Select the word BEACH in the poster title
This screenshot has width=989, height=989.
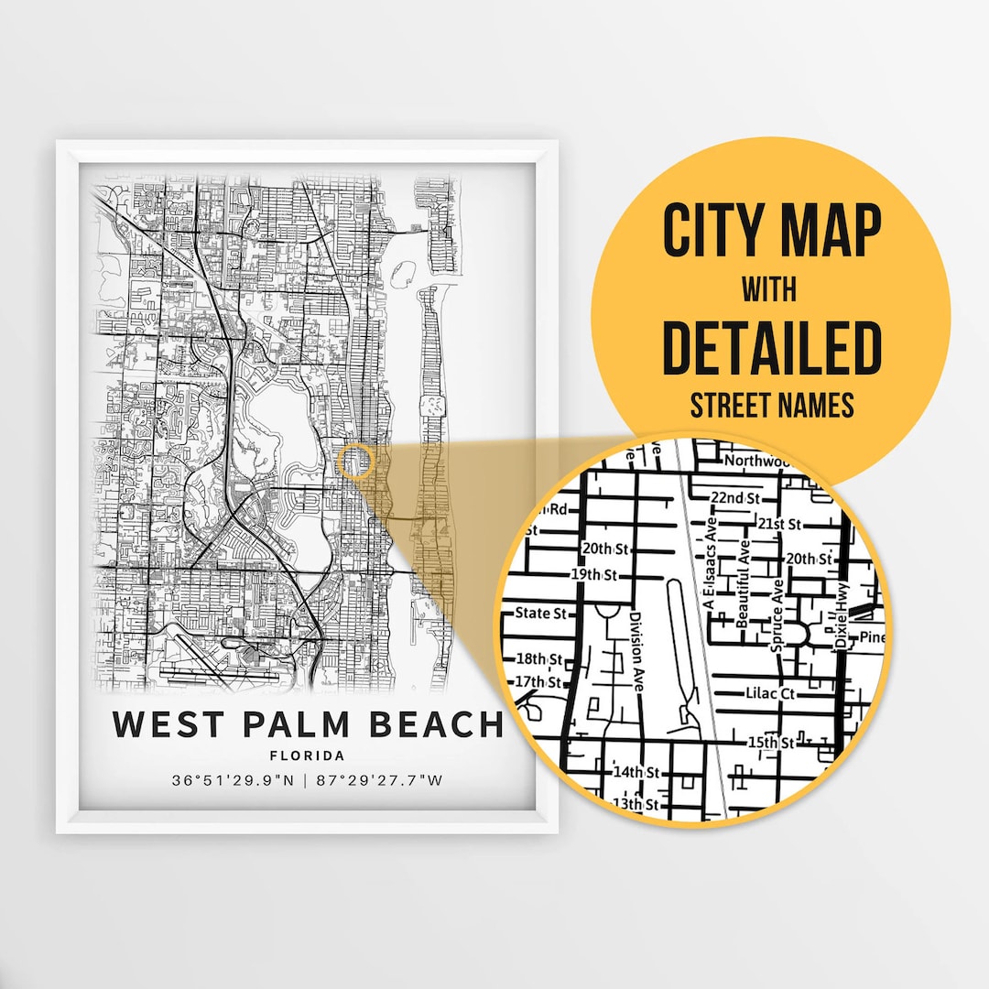(x=437, y=723)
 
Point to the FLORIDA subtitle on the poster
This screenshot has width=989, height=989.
(x=308, y=756)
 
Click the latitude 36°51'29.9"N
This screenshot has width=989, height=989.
(x=234, y=781)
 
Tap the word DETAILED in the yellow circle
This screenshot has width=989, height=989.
(x=771, y=348)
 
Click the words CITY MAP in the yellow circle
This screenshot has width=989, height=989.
(x=771, y=232)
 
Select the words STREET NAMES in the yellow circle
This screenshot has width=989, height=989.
(x=771, y=405)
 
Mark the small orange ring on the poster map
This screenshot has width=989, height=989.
(x=355, y=461)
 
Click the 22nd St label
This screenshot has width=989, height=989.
(x=736, y=497)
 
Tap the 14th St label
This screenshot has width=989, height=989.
(x=636, y=772)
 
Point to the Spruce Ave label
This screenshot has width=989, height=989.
(x=777, y=616)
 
